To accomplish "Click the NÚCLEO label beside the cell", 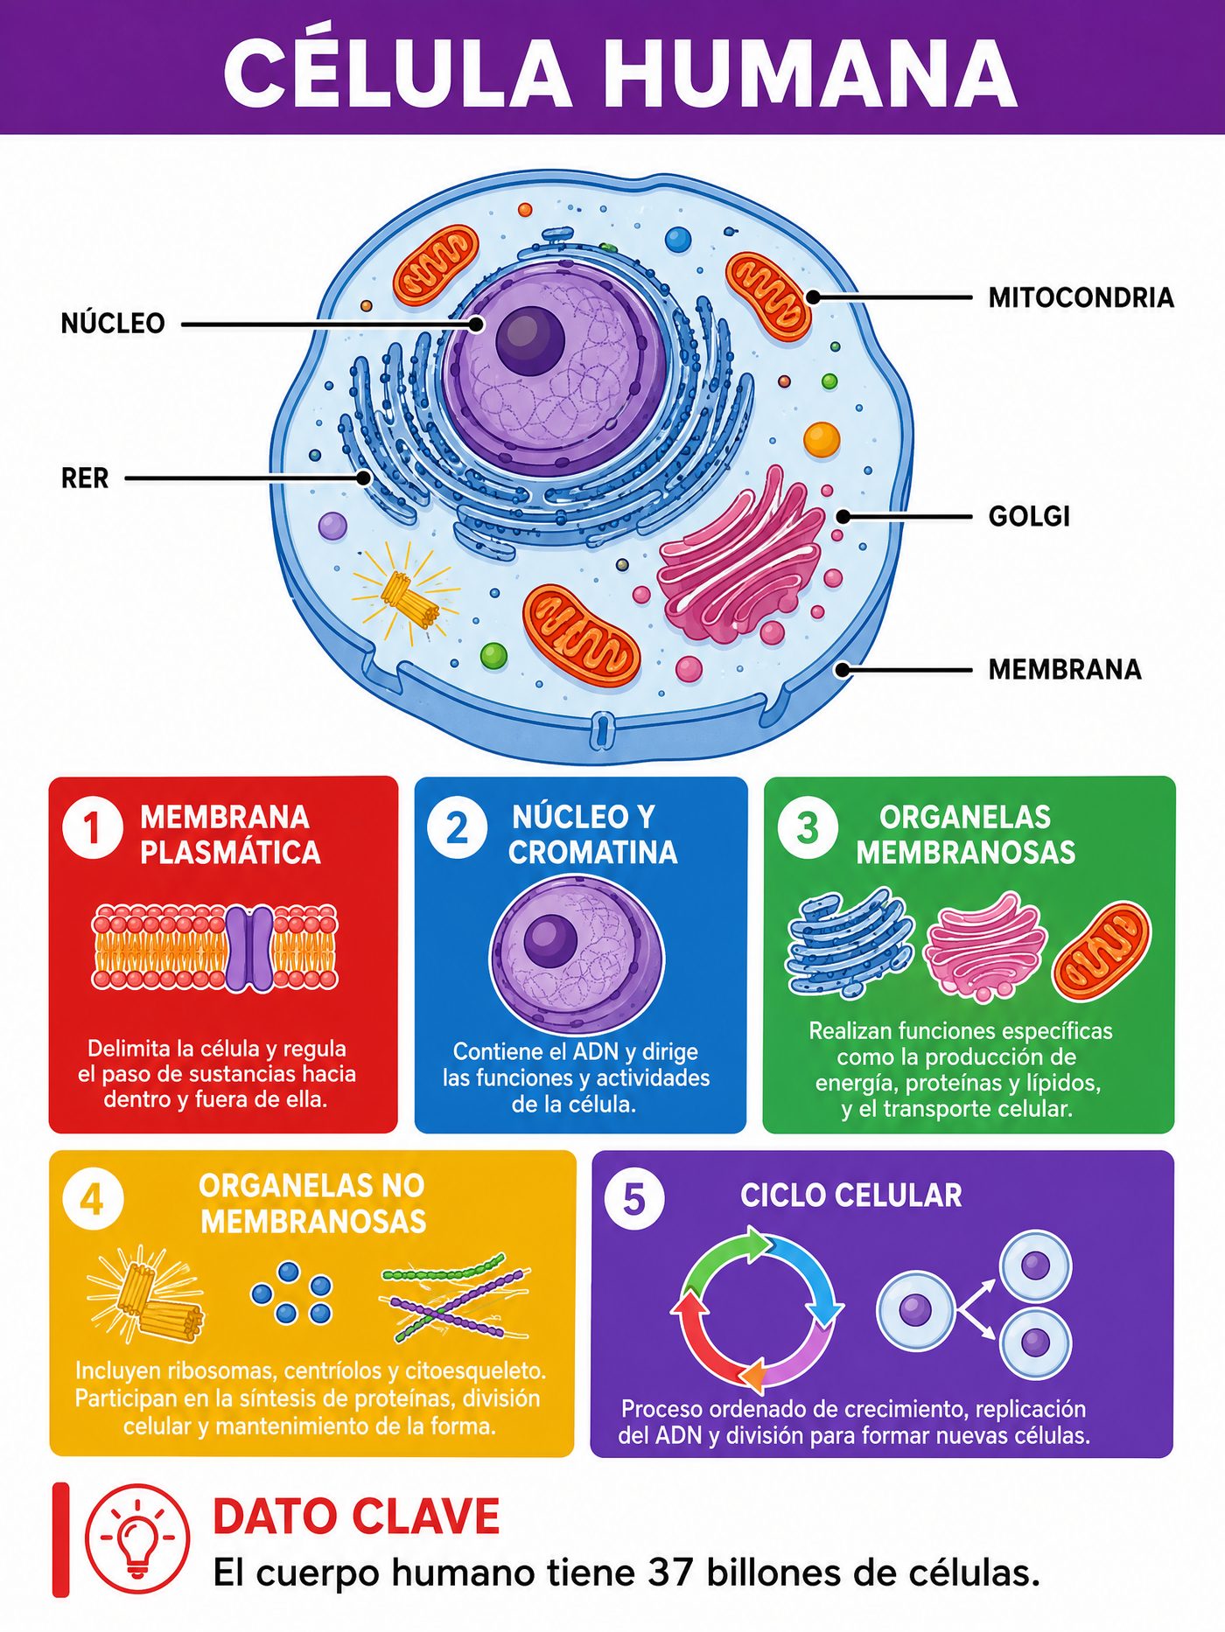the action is pos(113,323).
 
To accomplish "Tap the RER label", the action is pos(85,478).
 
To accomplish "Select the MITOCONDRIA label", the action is pos(1081,297).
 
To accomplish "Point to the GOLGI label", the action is pos(1029,516).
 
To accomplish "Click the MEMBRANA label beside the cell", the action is pos(1065,669).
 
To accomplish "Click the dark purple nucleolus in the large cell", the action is pos(529,341).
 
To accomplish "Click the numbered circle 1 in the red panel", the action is pos(92,827).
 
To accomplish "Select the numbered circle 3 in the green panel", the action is pos(808,827).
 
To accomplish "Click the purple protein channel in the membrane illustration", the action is pos(249,948).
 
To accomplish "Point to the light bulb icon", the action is pos(137,1537).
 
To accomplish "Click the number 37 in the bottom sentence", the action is pos(670,1573).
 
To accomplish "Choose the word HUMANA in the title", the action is pos(809,72).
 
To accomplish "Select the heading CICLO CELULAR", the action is pos(851,1196).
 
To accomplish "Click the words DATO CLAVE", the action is pos(356,1517).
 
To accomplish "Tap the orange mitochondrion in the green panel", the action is pos(1102,952).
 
